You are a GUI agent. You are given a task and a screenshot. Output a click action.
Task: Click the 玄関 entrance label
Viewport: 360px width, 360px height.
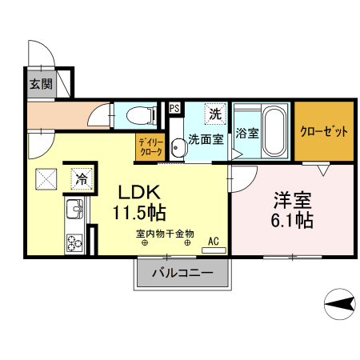[41, 85]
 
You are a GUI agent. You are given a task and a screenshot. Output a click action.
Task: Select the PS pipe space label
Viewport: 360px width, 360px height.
[174, 109]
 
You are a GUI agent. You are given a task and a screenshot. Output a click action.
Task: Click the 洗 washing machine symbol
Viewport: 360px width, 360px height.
[214, 114]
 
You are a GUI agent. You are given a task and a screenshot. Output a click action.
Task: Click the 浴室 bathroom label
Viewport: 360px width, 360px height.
[247, 133]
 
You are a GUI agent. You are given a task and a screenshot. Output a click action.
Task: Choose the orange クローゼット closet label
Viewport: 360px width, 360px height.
[324, 130]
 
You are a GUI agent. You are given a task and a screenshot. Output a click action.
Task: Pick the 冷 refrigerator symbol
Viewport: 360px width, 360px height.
[81, 178]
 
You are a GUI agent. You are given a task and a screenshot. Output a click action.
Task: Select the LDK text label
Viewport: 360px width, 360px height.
[142, 193]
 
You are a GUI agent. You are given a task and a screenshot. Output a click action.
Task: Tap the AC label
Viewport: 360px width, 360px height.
[213, 239]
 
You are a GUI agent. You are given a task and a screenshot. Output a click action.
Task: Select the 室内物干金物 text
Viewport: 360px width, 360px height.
[165, 234]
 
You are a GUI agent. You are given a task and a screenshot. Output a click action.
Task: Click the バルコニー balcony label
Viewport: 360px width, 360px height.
[182, 274]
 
